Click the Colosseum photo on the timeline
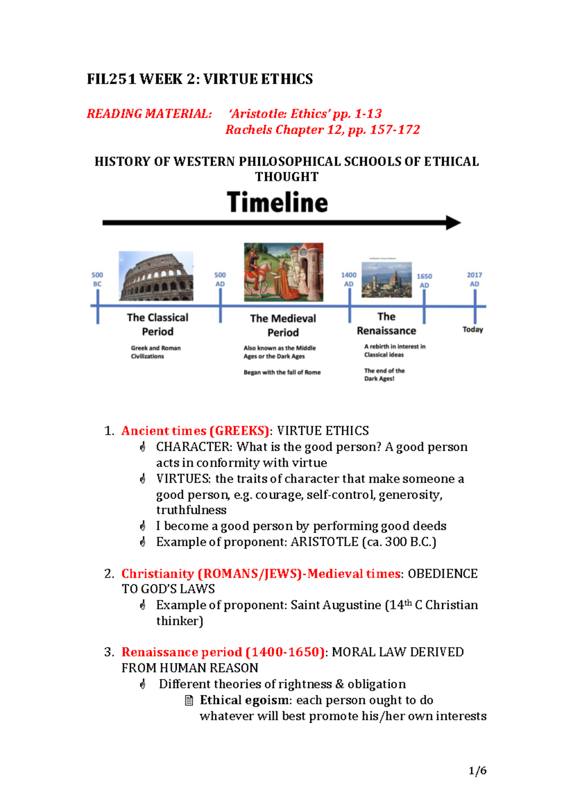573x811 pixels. pyautogui.click(x=156, y=276)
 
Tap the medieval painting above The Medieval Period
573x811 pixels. pyautogui.click(x=283, y=272)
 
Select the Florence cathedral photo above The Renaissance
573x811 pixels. pyautogui.click(x=386, y=279)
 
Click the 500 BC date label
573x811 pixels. pyautogui.click(x=97, y=279)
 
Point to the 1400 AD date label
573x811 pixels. pyautogui.click(x=349, y=279)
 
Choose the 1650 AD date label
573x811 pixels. pyautogui.click(x=424, y=281)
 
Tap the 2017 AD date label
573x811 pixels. pyautogui.click(x=474, y=279)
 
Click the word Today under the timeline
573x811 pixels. pyautogui.click(x=473, y=330)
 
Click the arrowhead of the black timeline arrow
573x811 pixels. pyautogui.click(x=453, y=223)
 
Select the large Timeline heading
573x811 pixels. pyautogui.click(x=277, y=202)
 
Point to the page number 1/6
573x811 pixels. pyautogui.click(x=477, y=770)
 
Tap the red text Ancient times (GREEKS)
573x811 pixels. pyautogui.click(x=195, y=431)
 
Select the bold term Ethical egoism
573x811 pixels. pyautogui.click(x=244, y=700)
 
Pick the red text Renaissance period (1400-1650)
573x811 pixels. pyautogui.click(x=223, y=652)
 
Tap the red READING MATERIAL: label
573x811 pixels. pyautogui.click(x=149, y=114)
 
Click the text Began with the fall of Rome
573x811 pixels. pyautogui.click(x=282, y=373)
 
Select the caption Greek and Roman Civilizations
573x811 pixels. pyautogui.click(x=156, y=352)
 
